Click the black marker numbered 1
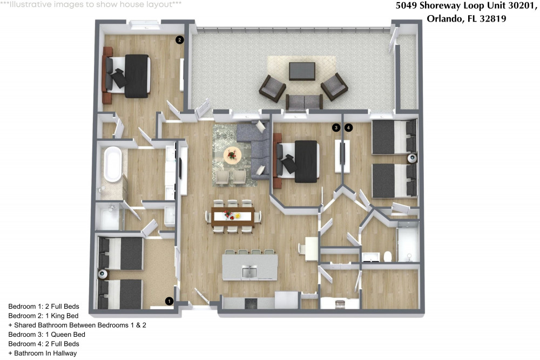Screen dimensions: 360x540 [169, 301]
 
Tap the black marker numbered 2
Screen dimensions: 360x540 [179, 39]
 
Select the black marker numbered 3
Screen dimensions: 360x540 [336, 128]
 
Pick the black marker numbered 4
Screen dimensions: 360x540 [349, 128]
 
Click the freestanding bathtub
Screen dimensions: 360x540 [113, 165]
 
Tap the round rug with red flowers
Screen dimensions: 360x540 [233, 155]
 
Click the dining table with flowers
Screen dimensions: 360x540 [233, 216]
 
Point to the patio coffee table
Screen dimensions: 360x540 [302, 71]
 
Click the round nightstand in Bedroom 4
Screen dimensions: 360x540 [413, 158]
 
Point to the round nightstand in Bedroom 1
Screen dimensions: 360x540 [101, 274]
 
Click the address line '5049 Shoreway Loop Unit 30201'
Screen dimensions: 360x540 [467, 6]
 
